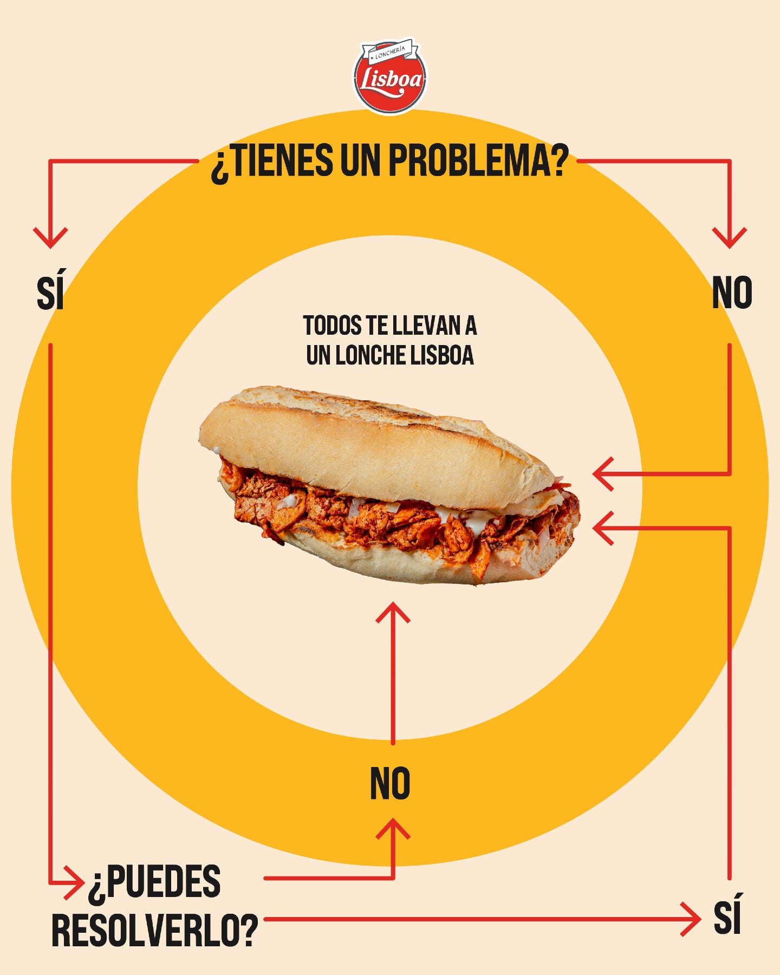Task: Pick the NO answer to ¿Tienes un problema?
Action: coord(732,292)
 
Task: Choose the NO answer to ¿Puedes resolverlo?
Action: coord(390,783)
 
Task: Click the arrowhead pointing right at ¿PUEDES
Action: coord(75,883)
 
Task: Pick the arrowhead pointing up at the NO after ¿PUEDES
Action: coord(393,830)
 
